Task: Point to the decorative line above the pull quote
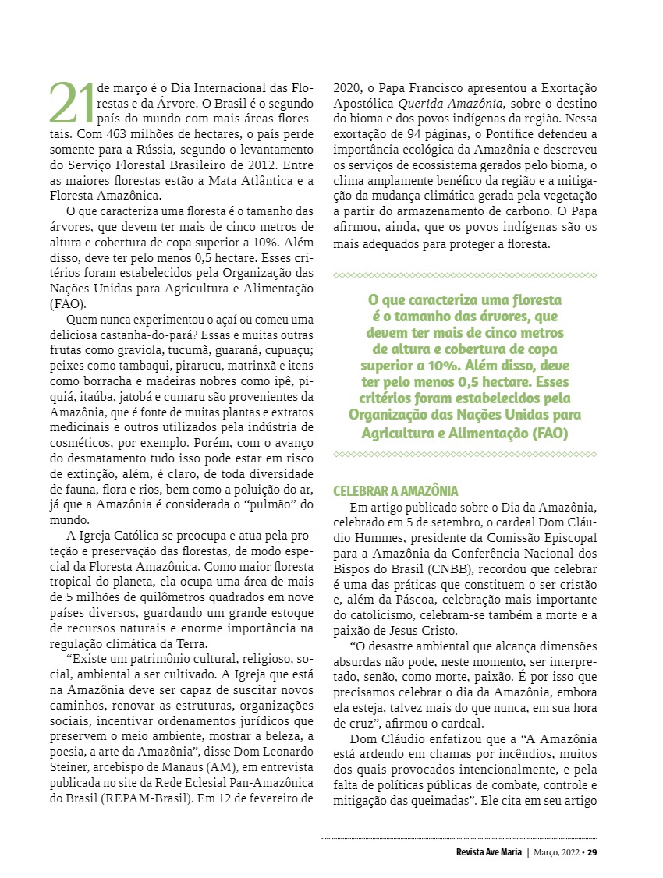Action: (x=465, y=274)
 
